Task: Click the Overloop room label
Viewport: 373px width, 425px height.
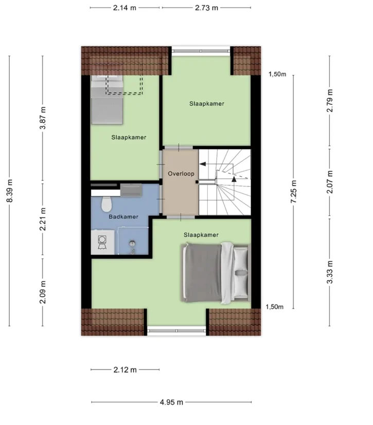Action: click(181, 174)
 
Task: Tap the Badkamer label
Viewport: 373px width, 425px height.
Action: click(123, 216)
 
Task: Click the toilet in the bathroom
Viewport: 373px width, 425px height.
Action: click(106, 205)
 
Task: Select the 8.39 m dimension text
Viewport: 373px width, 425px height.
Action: click(10, 191)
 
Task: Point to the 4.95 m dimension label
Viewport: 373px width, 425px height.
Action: click(171, 402)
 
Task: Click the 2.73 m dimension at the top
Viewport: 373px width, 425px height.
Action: click(206, 8)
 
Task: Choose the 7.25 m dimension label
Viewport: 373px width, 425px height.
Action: click(294, 191)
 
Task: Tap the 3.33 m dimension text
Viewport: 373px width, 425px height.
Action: click(330, 272)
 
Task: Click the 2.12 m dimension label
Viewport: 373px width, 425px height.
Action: click(125, 369)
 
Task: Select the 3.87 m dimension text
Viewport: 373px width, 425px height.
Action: click(43, 118)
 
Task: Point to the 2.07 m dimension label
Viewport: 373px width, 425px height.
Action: click(330, 182)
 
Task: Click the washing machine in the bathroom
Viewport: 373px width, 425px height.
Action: click(102, 243)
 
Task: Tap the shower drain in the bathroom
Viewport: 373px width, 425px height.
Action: click(132, 243)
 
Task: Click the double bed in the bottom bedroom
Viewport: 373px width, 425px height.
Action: click(216, 273)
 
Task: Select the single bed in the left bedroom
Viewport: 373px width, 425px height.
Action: click(107, 100)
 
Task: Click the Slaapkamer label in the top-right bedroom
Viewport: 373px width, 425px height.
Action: click(207, 103)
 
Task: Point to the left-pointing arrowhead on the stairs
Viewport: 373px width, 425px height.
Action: click(202, 164)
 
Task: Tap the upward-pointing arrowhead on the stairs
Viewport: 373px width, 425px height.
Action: click(234, 179)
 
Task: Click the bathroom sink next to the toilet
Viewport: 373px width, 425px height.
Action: click(131, 190)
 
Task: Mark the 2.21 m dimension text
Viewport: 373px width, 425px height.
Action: click(43, 219)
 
